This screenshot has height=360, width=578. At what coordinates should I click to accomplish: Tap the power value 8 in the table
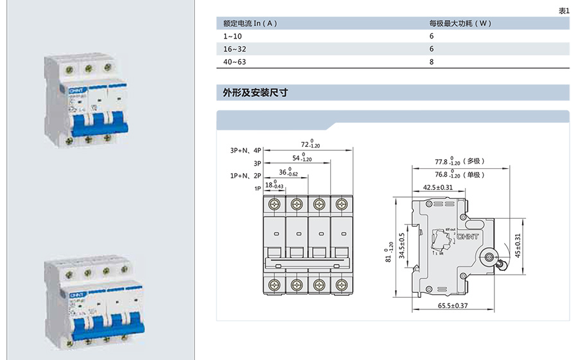click(432, 62)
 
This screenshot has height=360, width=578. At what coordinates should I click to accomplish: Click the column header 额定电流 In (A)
click(250, 23)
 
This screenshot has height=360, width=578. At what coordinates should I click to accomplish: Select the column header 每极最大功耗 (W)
click(460, 23)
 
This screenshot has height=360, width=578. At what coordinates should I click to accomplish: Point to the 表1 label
click(563, 10)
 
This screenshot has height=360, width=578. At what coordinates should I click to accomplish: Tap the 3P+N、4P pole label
click(246, 150)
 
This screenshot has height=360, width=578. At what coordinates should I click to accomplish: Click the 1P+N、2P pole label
click(246, 175)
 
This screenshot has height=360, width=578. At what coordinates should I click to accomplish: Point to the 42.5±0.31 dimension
click(437, 187)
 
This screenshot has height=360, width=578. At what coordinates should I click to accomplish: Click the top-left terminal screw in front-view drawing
click(275, 204)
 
